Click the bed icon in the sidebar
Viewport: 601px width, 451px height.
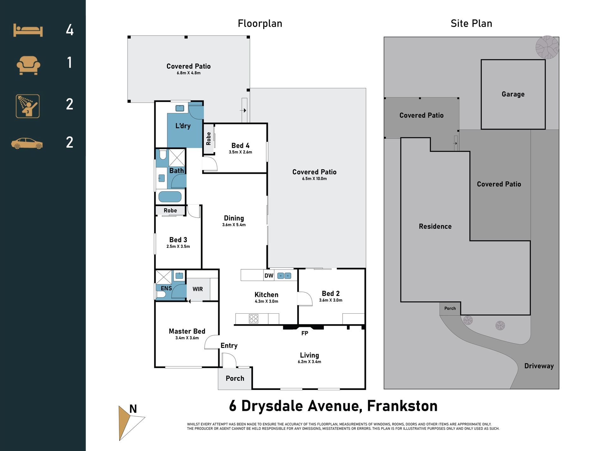tap(28, 30)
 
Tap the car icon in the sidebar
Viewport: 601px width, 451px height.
tap(27, 143)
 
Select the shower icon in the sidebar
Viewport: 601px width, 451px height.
tap(28, 106)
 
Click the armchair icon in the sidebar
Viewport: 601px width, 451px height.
tap(28, 65)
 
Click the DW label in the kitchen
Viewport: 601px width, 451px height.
tap(269, 276)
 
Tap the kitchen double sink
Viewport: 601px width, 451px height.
tap(284, 276)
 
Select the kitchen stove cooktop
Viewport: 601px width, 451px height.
tap(253, 318)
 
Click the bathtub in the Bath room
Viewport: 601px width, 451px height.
tap(170, 197)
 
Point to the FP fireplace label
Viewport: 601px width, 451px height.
tap(305, 333)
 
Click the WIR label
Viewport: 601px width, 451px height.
tap(198, 289)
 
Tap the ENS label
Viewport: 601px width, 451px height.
tap(166, 288)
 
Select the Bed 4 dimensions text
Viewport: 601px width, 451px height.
tap(240, 152)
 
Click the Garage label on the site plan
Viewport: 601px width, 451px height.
tap(513, 94)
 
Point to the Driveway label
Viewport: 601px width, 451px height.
tap(539, 366)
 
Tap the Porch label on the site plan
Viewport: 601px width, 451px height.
tap(450, 308)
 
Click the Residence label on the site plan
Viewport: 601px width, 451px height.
tap(435, 226)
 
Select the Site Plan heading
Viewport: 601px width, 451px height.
tap(471, 23)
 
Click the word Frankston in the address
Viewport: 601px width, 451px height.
tap(402, 406)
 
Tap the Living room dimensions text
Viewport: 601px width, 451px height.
tap(309, 362)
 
